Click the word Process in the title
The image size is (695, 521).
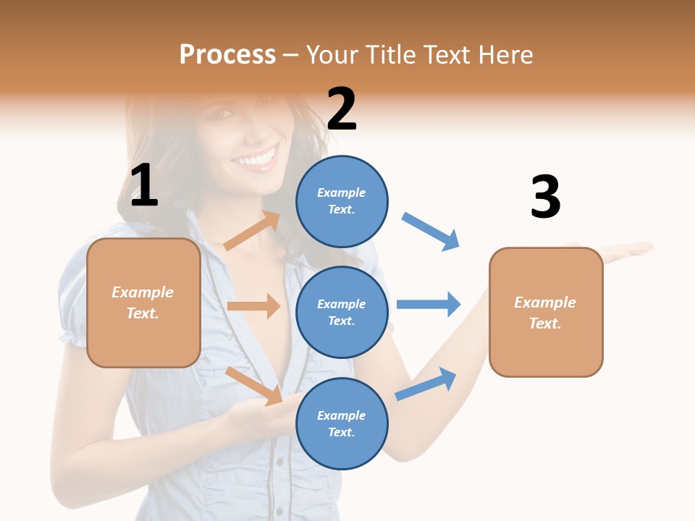point(227,55)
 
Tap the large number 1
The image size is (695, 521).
point(144,186)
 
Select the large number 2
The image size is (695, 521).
point(342,109)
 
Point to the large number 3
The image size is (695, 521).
point(545,198)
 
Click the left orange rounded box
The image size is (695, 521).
point(143,302)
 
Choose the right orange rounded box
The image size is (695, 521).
point(546,312)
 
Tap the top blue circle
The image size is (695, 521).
point(342,201)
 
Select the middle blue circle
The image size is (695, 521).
point(342,312)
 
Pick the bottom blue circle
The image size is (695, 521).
point(342,423)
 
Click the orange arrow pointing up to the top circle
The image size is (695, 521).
point(252,231)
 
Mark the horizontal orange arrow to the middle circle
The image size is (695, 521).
point(253,306)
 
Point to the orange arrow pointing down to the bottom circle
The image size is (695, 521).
point(254,385)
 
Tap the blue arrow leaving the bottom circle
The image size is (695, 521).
point(426,384)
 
